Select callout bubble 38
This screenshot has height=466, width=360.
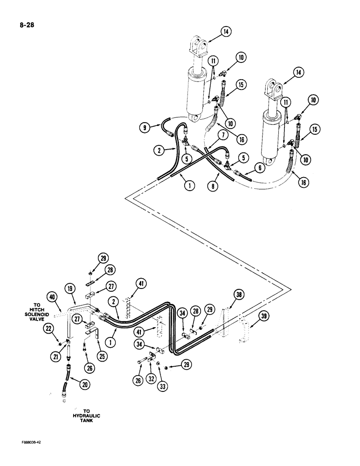238,295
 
